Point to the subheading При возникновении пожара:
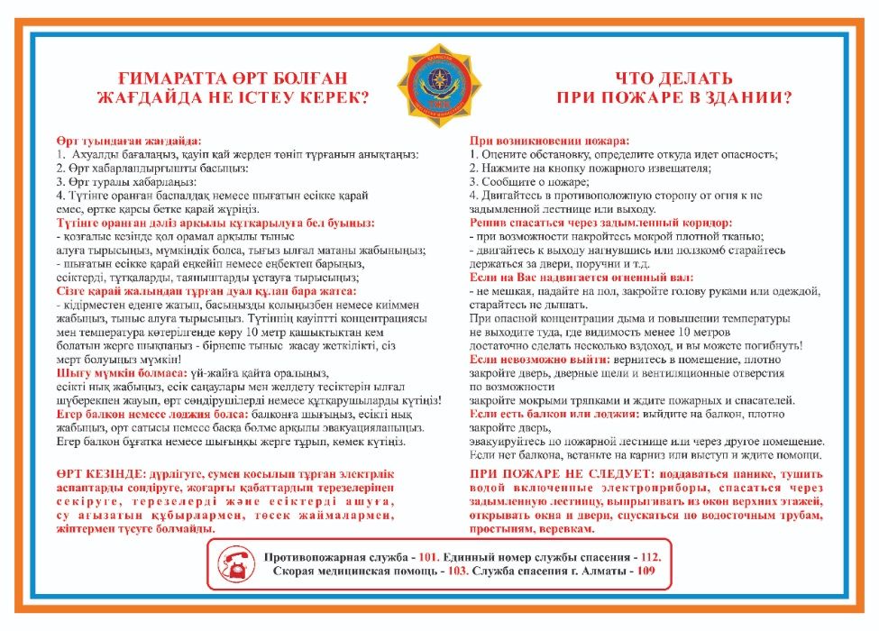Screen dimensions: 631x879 click(550, 141)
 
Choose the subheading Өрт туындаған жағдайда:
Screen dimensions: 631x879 click(129, 141)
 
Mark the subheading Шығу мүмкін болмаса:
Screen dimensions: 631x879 click(121, 373)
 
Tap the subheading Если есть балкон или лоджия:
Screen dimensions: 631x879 click(560, 413)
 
